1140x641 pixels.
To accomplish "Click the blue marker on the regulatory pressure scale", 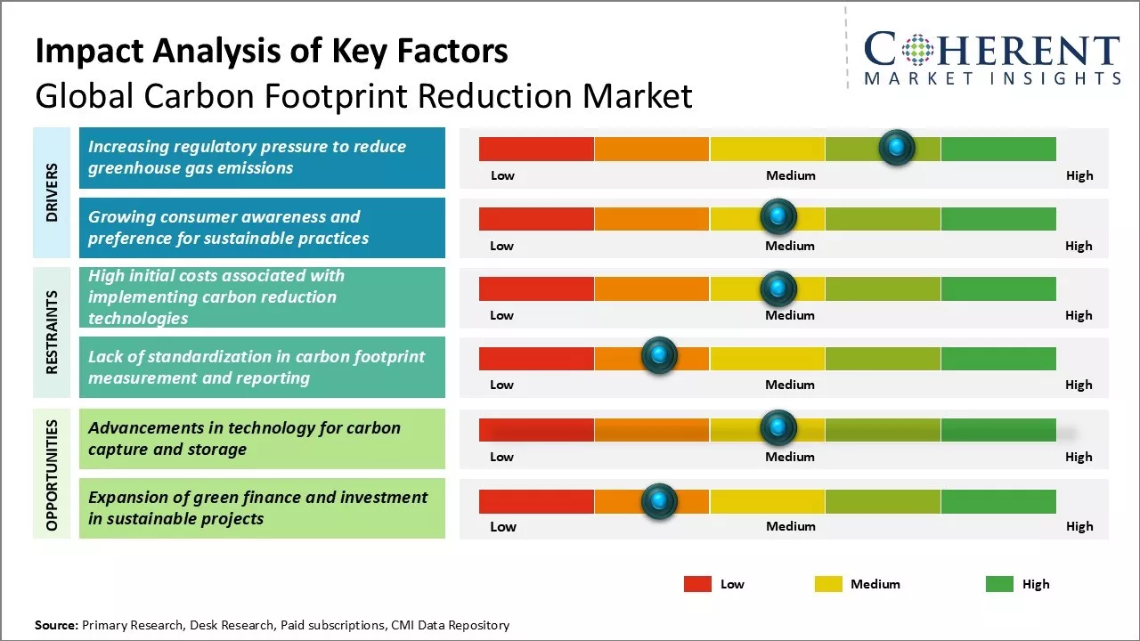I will click(897, 147).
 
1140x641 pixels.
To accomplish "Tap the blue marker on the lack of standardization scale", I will click(659, 356).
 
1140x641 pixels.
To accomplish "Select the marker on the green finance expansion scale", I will click(659, 501).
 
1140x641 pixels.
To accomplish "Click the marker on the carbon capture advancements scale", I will click(778, 428).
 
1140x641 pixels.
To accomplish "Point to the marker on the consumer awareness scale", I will click(778, 216).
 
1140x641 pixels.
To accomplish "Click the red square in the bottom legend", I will click(697, 584).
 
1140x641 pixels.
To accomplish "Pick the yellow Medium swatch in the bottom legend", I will click(828, 584).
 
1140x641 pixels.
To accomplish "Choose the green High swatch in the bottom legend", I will click(999, 584).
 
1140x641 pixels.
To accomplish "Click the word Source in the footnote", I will click(56, 625).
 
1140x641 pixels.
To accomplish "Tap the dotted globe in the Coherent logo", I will click(917, 50).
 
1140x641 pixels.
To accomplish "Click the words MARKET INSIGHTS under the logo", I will click(992, 79).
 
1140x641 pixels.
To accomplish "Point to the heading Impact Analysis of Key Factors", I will click(272, 51).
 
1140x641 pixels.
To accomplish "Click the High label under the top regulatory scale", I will click(1079, 175).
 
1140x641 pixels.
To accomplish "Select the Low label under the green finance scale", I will click(502, 526).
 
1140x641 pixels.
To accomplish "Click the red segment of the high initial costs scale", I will click(536, 288).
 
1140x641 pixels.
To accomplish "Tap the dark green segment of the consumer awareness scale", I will click(997, 218).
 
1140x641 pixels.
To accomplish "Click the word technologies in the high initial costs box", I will click(138, 318).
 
